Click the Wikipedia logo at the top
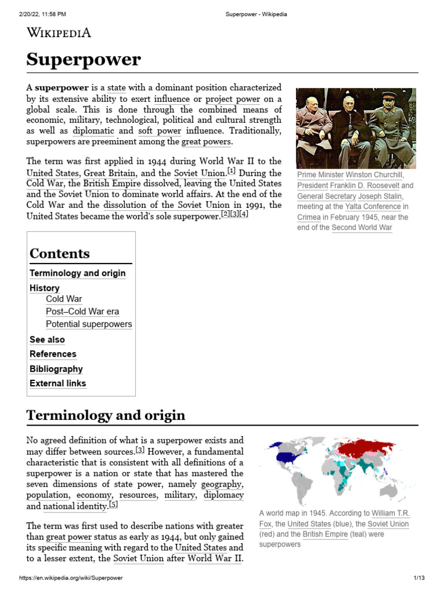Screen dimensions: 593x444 click(x=59, y=32)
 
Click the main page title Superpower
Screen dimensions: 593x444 click(x=83, y=59)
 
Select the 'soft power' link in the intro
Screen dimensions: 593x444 click(x=160, y=131)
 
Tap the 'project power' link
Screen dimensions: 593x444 click(x=233, y=99)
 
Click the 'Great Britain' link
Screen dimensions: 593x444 click(x=110, y=173)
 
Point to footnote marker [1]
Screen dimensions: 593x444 click(x=231, y=171)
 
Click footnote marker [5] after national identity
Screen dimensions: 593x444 click(x=113, y=504)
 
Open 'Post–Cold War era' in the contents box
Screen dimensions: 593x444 click(x=82, y=312)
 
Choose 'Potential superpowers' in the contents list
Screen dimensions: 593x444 click(x=88, y=324)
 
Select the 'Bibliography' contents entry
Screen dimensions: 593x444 click(x=56, y=369)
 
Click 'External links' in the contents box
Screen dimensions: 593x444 click(x=58, y=383)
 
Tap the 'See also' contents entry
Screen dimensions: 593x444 click(x=47, y=340)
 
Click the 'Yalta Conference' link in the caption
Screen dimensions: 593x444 click(x=369, y=206)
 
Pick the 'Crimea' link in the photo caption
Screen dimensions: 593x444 click(x=309, y=217)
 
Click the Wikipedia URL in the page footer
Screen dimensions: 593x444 click(x=71, y=578)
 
